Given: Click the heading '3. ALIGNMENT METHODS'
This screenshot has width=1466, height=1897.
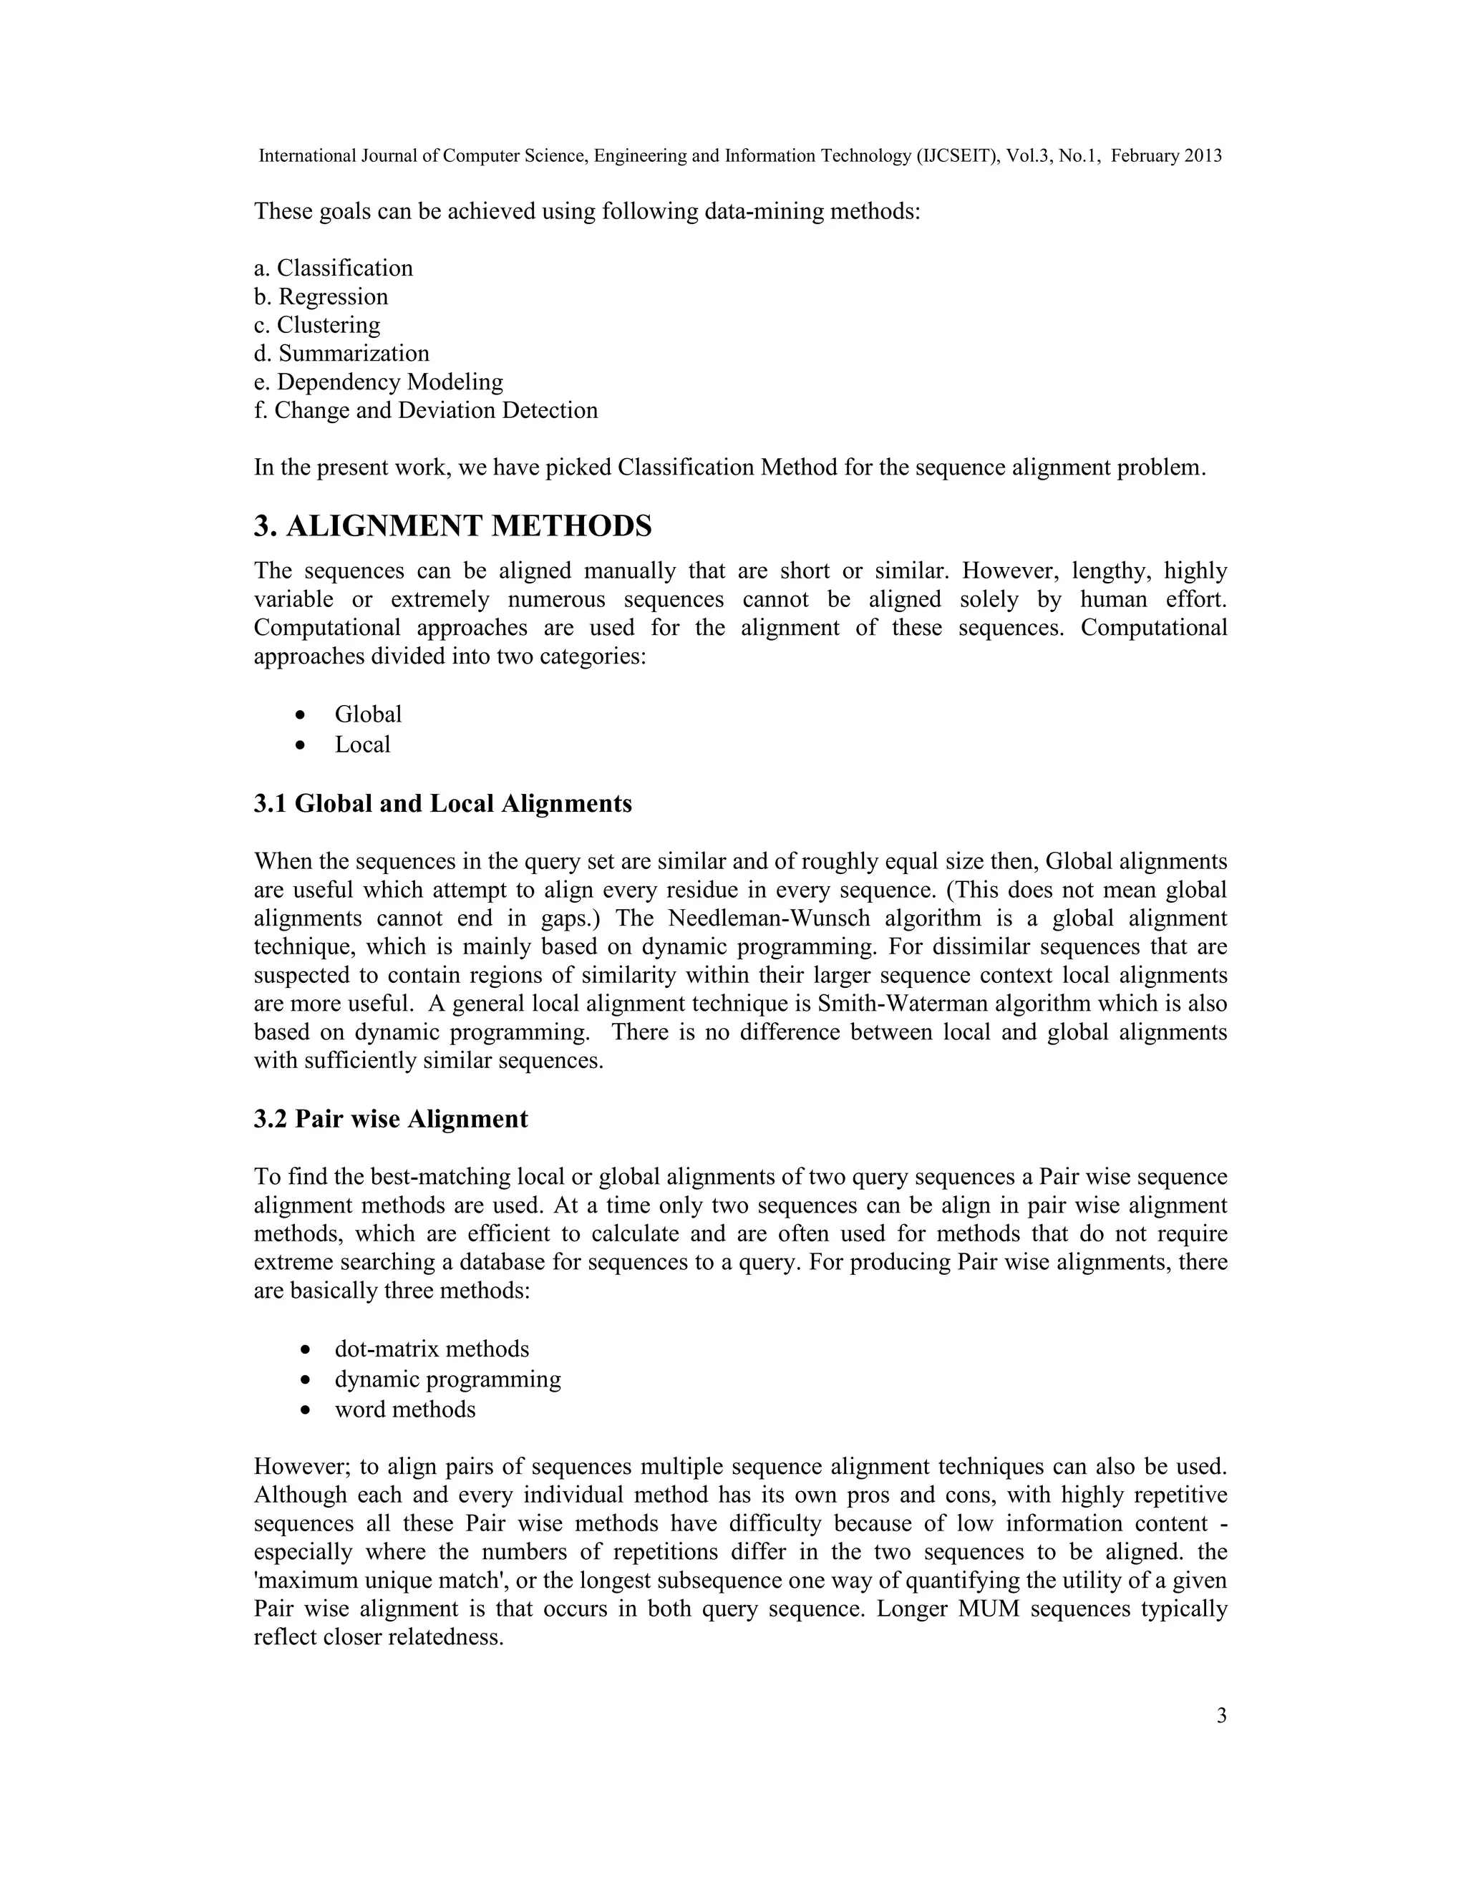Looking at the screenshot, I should (452, 526).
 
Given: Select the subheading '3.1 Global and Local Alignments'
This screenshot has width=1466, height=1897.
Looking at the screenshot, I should (442, 803).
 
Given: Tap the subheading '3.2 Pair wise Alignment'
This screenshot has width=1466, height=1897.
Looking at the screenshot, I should (390, 1119).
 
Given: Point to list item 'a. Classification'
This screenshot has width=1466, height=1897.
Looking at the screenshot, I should (334, 268).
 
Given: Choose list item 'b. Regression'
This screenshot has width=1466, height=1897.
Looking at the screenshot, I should (321, 296).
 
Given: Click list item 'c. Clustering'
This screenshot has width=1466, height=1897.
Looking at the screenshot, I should (317, 325).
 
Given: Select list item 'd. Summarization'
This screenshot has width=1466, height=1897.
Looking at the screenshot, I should (341, 354).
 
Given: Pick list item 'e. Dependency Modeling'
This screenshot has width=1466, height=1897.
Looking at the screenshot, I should (378, 382).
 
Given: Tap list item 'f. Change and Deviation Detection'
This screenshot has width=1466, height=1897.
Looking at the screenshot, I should (426, 410).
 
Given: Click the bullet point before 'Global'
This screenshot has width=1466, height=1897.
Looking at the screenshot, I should (301, 715).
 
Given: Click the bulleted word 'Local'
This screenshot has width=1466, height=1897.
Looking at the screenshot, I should (362, 744).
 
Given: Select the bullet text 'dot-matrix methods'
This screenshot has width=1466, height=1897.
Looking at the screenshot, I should (432, 1349).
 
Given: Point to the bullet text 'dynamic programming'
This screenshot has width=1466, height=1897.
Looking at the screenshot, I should (447, 1379).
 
